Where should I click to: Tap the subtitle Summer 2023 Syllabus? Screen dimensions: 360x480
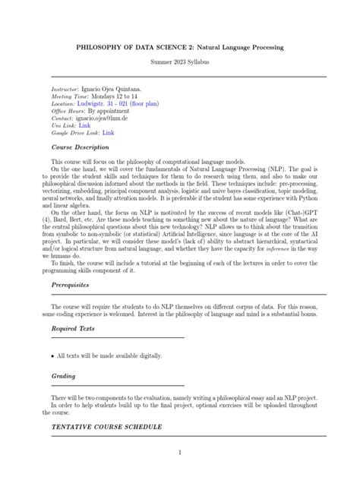click(x=179, y=61)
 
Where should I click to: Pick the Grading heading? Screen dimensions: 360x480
click(x=63, y=375)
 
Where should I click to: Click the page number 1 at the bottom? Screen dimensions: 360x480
click(x=180, y=453)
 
